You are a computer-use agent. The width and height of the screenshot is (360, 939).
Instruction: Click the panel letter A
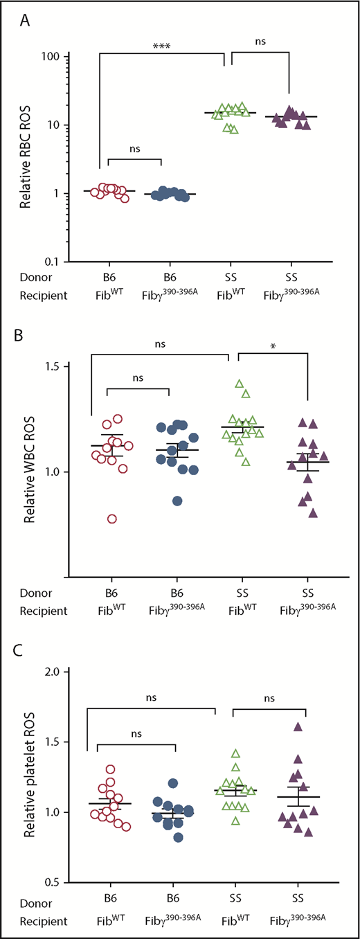(x=26, y=21)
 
